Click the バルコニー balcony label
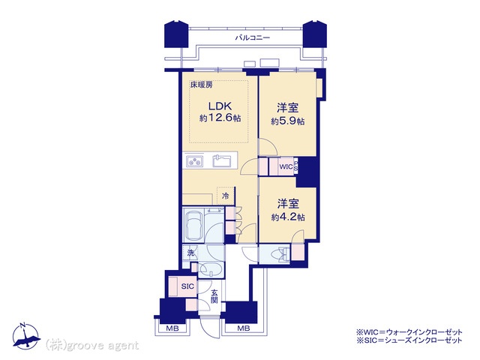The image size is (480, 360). (x=253, y=38)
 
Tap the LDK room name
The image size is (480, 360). (x=220, y=106)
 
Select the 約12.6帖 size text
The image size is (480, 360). (x=220, y=118)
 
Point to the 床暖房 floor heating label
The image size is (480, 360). (x=202, y=85)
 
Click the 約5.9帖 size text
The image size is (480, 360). (x=288, y=121)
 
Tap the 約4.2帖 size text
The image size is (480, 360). (x=288, y=217)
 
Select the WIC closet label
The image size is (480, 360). (x=286, y=167)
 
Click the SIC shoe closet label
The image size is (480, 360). (x=187, y=286)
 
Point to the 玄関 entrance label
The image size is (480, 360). (x=214, y=296)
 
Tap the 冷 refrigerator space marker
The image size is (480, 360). (x=225, y=196)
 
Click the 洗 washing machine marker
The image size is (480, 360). (x=190, y=253)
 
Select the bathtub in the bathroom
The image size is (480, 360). (x=193, y=225)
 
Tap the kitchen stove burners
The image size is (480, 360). (x=195, y=161)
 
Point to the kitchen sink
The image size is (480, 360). (x=222, y=160)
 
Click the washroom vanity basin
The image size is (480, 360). (x=211, y=270)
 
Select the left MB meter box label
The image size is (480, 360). (x=172, y=328)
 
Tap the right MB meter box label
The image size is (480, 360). (x=244, y=328)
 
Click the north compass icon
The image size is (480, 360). (x=26, y=336)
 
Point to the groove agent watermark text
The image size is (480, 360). (x=92, y=346)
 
